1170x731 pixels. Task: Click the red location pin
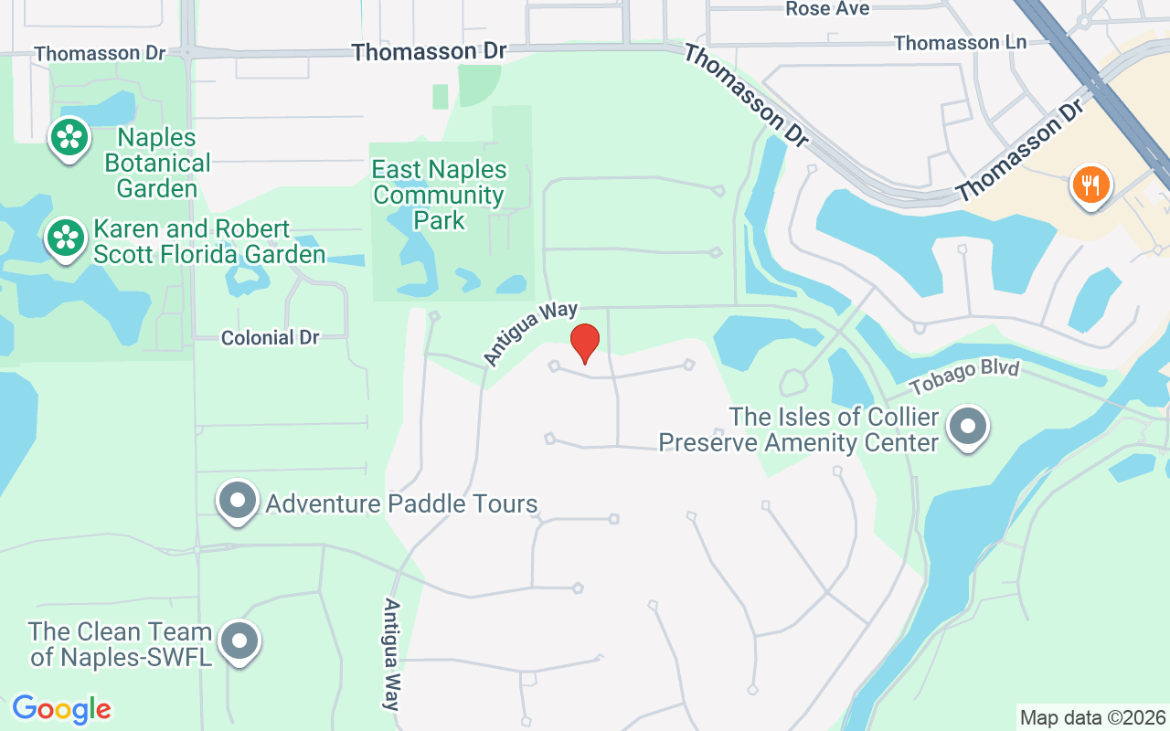click(585, 343)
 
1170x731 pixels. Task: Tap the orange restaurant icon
click(1090, 185)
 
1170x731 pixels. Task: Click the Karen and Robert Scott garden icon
click(66, 238)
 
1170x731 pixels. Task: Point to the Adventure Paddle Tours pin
click(238, 502)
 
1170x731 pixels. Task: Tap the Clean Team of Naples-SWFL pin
click(239, 641)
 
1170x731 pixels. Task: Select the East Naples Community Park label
click(439, 195)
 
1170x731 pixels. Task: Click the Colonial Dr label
click(271, 338)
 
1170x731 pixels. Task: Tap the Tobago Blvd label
click(963, 376)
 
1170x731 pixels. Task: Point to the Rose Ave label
click(827, 9)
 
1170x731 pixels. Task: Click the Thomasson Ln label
click(960, 43)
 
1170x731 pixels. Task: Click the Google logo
click(62, 709)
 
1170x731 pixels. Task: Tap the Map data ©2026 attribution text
click(1093, 717)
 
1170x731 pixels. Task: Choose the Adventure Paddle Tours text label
click(401, 503)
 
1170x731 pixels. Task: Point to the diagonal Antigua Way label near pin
click(531, 334)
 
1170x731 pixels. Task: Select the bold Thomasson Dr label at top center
click(429, 52)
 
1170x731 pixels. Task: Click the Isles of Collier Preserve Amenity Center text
click(799, 430)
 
